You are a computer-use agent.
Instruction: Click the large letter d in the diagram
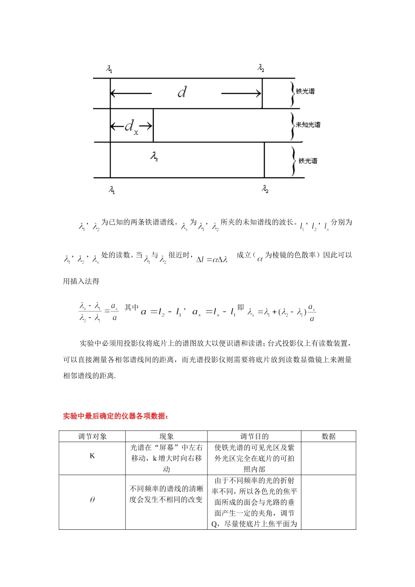tap(182, 92)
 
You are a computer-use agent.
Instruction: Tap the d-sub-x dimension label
tap(131, 127)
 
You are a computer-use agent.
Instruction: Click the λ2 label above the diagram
tap(261, 68)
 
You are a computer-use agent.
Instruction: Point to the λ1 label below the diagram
tap(112, 190)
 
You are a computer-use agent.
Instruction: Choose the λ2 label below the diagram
tap(265, 189)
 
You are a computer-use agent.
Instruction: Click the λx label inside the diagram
tap(154, 156)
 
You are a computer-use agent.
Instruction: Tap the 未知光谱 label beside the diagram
tap(308, 125)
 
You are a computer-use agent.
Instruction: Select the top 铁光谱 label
tap(305, 91)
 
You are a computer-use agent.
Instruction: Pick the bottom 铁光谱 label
tap(308, 161)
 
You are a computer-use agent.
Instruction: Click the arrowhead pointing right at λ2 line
tap(258, 93)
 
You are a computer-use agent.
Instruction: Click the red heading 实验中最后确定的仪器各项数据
tap(115, 416)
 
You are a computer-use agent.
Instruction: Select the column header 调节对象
tap(92, 436)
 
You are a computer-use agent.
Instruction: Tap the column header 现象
tap(166, 436)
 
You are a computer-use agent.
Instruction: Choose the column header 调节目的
tap(254, 436)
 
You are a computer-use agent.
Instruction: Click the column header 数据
tap(329, 436)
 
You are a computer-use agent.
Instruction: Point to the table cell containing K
tap(92, 456)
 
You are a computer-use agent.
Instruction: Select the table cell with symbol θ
tap(92, 500)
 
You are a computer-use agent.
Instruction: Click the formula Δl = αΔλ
tap(212, 259)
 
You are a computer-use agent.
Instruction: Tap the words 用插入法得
tap(81, 282)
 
